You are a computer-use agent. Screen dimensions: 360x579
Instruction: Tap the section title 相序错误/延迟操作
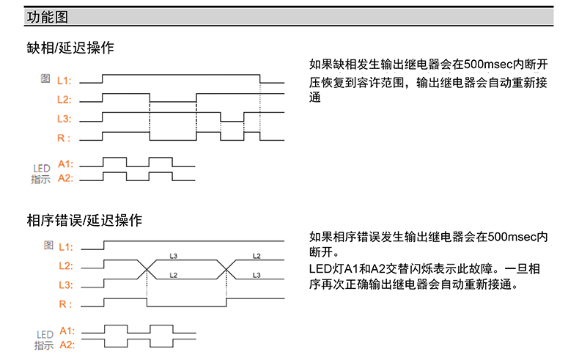point(84,220)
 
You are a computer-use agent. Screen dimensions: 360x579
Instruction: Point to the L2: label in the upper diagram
point(64,99)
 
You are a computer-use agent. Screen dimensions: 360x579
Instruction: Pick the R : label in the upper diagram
point(64,138)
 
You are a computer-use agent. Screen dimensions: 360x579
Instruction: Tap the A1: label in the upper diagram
point(65,164)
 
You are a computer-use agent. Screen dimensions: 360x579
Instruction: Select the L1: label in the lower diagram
point(65,246)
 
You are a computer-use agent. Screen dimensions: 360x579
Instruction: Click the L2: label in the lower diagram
point(65,265)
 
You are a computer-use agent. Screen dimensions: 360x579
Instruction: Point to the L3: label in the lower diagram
point(65,284)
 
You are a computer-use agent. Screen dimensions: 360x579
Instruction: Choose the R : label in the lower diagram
point(65,304)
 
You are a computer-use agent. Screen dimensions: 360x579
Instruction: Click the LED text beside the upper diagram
point(41,169)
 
